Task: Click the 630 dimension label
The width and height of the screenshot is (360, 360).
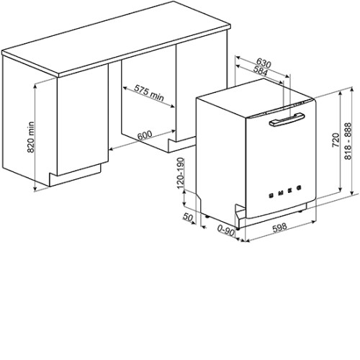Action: point(264,63)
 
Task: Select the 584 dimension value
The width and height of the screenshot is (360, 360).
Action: point(261,71)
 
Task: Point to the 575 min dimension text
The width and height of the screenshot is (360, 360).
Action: point(149,93)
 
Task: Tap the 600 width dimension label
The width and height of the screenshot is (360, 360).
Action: point(145,135)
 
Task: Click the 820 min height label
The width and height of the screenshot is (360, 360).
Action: point(31,138)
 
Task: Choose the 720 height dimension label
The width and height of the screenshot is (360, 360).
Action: point(336,140)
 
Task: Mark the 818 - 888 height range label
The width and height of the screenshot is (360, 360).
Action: point(348,141)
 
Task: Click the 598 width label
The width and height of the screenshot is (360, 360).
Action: point(279,228)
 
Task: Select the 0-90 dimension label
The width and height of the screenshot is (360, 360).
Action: point(226,231)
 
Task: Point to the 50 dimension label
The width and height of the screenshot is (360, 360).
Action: point(188,217)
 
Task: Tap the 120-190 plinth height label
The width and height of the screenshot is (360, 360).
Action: point(180,173)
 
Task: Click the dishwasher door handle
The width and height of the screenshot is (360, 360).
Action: point(287,120)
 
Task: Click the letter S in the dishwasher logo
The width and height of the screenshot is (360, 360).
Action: point(271,195)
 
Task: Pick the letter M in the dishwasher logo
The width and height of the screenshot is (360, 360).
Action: point(281,193)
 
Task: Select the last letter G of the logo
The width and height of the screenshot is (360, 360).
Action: point(299,188)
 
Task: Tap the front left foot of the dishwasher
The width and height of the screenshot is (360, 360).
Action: point(237,228)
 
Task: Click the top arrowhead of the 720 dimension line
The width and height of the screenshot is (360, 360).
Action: point(341,94)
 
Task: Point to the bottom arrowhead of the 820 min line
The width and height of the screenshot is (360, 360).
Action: point(35,189)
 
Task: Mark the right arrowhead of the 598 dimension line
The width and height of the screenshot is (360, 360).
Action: point(313,222)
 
